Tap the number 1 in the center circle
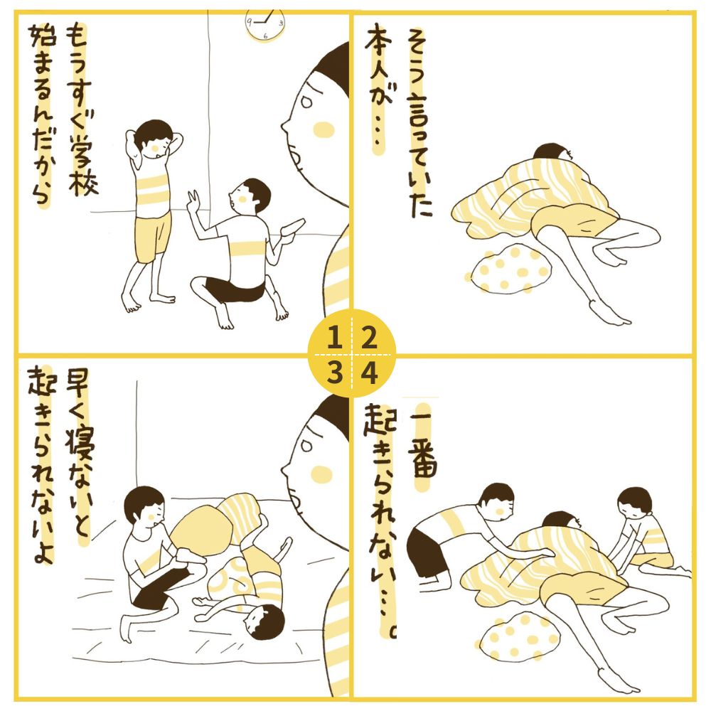(334, 337)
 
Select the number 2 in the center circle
(369, 337)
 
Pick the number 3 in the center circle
(334, 373)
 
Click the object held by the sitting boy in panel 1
(292, 228)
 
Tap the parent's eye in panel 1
(306, 102)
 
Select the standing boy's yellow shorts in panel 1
(154, 236)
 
